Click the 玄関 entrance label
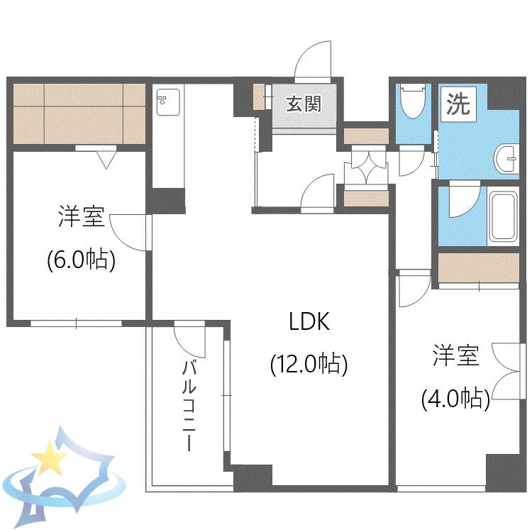point(304,104)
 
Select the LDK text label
point(309,321)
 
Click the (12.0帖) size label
point(309,365)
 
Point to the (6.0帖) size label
point(82,260)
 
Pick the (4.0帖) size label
point(455,399)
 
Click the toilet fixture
point(413,101)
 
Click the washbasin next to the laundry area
point(506,159)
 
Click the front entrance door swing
point(313,60)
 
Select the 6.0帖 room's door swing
point(130,233)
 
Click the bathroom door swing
point(465,200)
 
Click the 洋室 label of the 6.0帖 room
point(82,216)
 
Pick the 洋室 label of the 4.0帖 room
point(455,355)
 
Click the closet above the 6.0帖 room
point(79,113)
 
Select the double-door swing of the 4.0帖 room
point(506,372)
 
